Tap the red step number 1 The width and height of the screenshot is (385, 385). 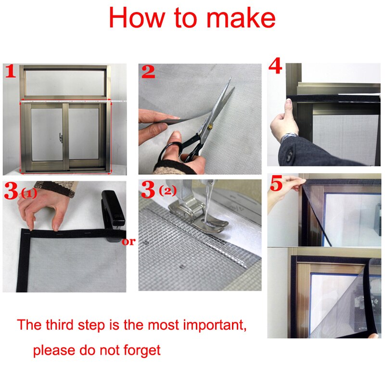(11, 72)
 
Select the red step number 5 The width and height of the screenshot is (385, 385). (276, 184)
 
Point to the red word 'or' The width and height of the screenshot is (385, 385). (128, 242)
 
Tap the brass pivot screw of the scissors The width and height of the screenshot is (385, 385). (210, 127)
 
